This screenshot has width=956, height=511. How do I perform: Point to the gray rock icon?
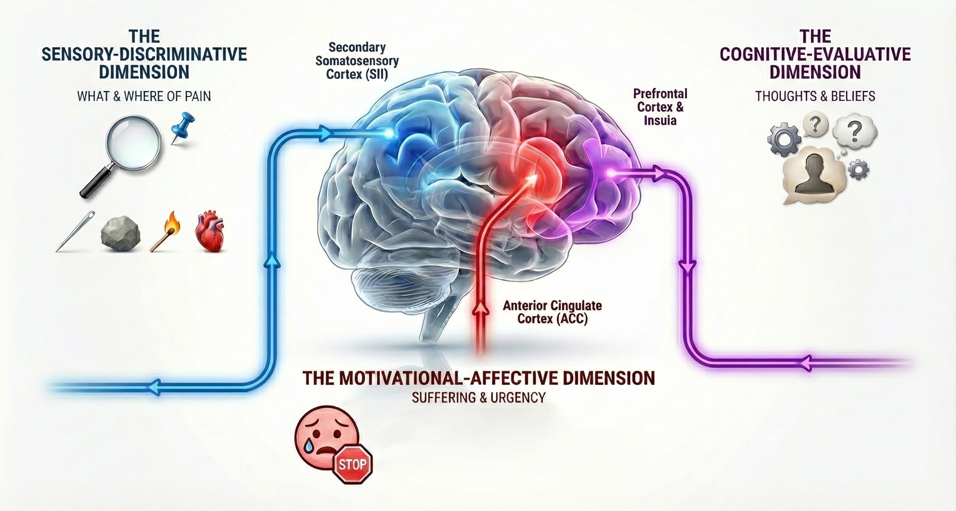point(121,234)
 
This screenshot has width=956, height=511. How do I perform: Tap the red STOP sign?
point(353,464)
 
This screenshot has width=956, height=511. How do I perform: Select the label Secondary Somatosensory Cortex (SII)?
point(357,61)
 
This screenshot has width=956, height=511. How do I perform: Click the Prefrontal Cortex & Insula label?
point(660,107)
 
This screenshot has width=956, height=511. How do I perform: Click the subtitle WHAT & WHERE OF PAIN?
point(144,96)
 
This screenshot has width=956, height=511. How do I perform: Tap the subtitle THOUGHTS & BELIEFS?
point(815,96)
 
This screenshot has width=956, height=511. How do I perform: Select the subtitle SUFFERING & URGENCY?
point(478,398)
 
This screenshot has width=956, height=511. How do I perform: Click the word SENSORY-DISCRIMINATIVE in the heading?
point(144,54)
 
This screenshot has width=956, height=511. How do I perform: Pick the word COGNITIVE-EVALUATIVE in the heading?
point(815,54)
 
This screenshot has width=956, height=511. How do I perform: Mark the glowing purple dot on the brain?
point(609,173)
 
